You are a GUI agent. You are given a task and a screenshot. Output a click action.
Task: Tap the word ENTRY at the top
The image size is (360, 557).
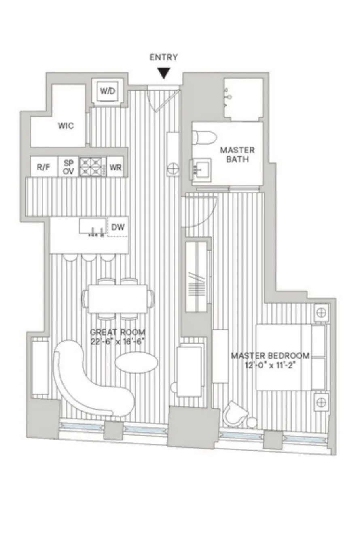point(164,57)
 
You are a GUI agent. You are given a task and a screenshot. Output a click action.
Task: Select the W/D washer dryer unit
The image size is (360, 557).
point(107,91)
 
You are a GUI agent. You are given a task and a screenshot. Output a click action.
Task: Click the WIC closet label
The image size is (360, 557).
point(66,125)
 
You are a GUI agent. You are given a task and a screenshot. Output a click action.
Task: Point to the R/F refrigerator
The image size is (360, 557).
point(44,167)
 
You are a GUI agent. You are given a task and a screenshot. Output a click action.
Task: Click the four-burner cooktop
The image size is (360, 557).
point(91,167)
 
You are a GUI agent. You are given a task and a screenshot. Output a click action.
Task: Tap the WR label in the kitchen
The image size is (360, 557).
point(115,167)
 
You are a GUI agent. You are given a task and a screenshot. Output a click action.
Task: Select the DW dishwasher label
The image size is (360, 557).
point(118,227)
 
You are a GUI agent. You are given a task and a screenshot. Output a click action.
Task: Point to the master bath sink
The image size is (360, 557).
point(201,170)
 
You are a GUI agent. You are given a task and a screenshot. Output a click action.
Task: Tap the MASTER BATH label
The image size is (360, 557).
point(237,154)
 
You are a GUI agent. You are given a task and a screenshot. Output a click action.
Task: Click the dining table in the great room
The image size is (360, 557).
point(118,298)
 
